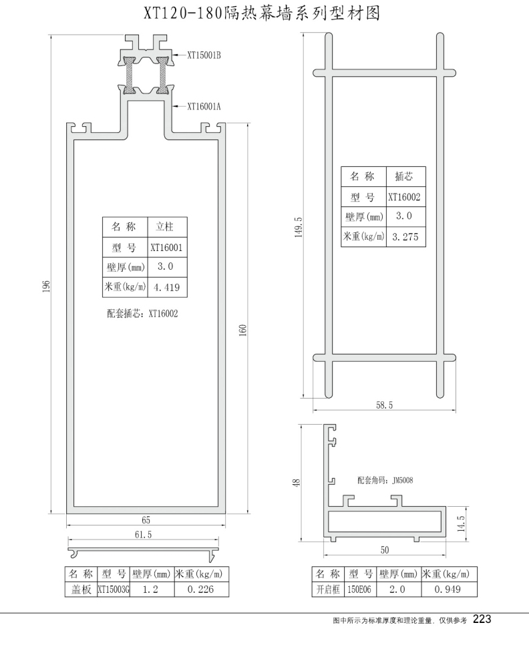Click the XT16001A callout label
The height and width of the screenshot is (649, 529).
click(x=205, y=106)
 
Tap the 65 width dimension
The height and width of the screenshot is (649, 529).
click(x=146, y=520)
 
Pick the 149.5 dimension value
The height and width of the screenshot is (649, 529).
click(x=299, y=227)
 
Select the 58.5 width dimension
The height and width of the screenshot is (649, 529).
click(x=383, y=405)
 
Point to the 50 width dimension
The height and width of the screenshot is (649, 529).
click(x=385, y=550)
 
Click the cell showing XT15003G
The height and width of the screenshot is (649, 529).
click(x=114, y=590)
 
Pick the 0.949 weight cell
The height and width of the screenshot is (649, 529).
click(x=447, y=590)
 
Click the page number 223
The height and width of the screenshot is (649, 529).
click(x=482, y=619)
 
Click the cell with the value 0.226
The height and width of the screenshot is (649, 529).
click(x=200, y=590)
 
